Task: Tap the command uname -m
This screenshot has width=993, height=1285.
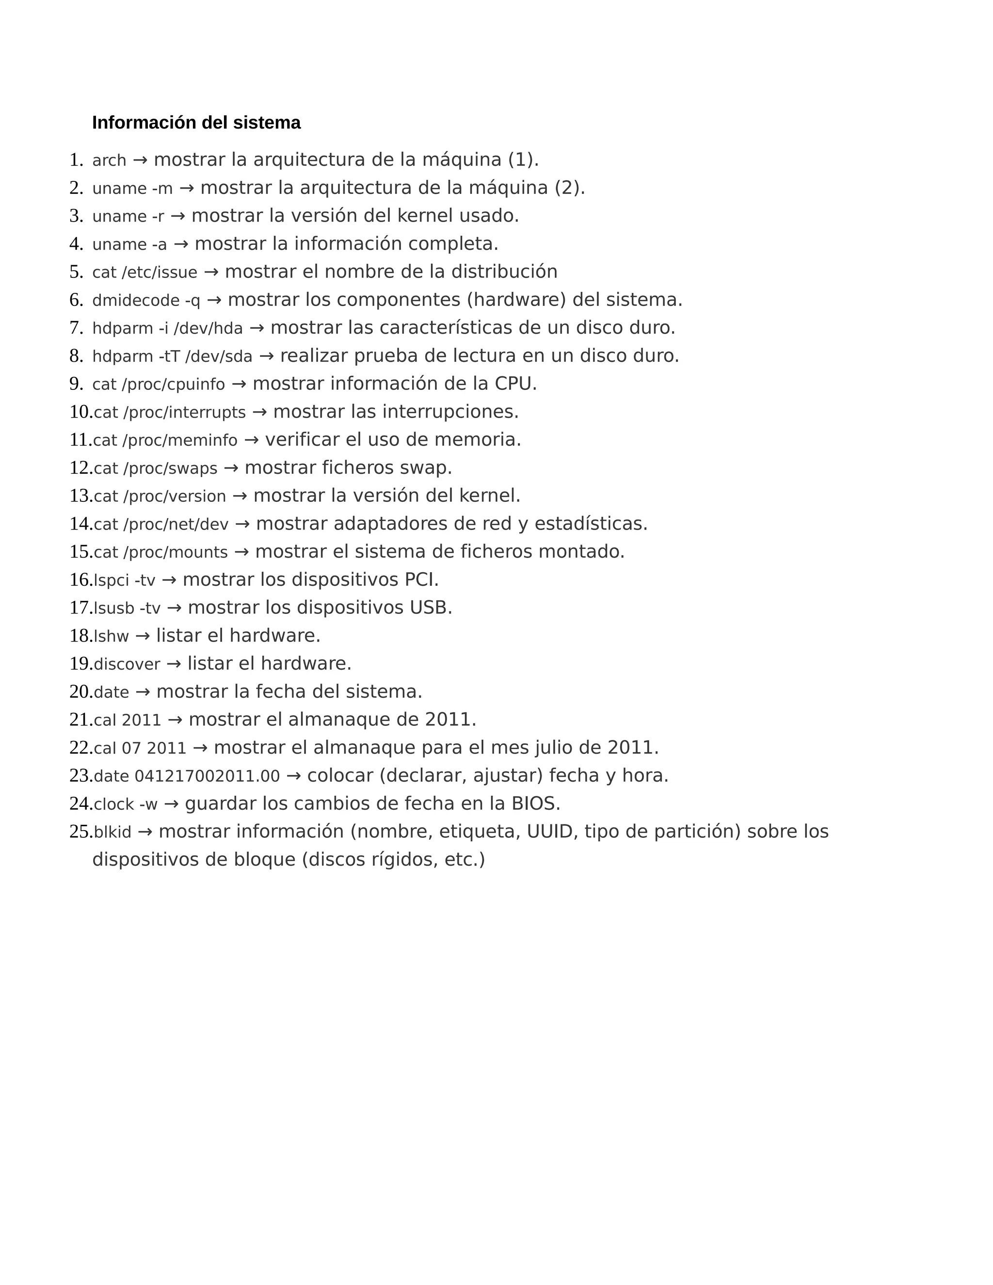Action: click(x=132, y=188)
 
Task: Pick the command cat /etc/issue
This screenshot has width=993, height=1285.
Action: click(x=144, y=273)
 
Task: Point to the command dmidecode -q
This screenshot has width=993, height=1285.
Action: click(x=146, y=301)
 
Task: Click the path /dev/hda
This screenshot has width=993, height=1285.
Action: click(x=208, y=328)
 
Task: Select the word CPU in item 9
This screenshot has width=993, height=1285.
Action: click(x=513, y=384)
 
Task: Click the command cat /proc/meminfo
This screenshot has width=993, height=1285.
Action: click(x=165, y=440)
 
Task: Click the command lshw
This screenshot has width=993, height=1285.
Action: click(x=111, y=636)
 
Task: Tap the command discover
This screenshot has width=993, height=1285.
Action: click(x=127, y=664)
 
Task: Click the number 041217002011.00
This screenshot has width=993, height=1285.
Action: click(x=207, y=776)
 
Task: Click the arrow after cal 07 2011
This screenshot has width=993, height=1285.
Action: click(x=200, y=748)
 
